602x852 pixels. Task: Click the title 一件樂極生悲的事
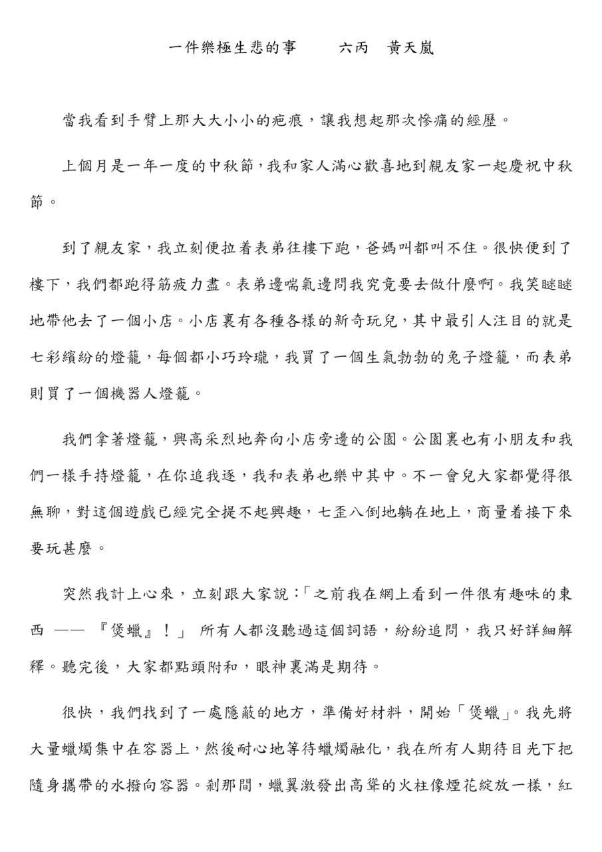tap(233, 49)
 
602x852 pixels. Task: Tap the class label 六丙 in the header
tap(353, 49)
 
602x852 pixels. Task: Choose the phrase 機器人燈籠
tap(143, 393)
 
